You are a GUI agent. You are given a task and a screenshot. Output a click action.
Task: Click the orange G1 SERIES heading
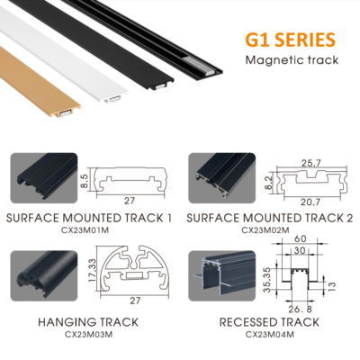coord(290,40)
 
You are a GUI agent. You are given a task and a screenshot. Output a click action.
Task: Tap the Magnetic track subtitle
coord(292,60)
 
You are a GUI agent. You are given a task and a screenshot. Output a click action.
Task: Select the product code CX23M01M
coord(85,230)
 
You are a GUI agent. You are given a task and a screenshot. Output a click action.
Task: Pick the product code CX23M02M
coord(265,230)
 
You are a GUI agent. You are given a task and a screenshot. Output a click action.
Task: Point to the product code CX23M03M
coord(88,334)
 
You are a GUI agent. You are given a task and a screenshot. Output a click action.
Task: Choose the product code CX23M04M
coord(269,334)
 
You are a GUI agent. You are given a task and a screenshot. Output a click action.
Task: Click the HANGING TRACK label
coord(88,322)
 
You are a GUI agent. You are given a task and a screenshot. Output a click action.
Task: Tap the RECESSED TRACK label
coord(269,322)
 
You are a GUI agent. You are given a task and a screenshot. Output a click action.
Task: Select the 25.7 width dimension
coord(310,163)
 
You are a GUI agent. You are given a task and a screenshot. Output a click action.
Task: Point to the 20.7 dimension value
coord(310,202)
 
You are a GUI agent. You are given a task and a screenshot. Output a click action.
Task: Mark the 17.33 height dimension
coord(93,271)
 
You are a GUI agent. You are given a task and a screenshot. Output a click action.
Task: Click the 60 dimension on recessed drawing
coord(301,238)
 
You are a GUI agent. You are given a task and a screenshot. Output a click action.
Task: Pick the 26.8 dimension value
coord(300,309)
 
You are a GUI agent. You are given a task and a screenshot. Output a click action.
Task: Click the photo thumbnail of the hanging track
coord(44,275)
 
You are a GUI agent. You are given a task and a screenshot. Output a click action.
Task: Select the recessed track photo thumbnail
coord(222,275)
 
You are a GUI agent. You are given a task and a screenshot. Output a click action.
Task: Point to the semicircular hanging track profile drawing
coord(134,270)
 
